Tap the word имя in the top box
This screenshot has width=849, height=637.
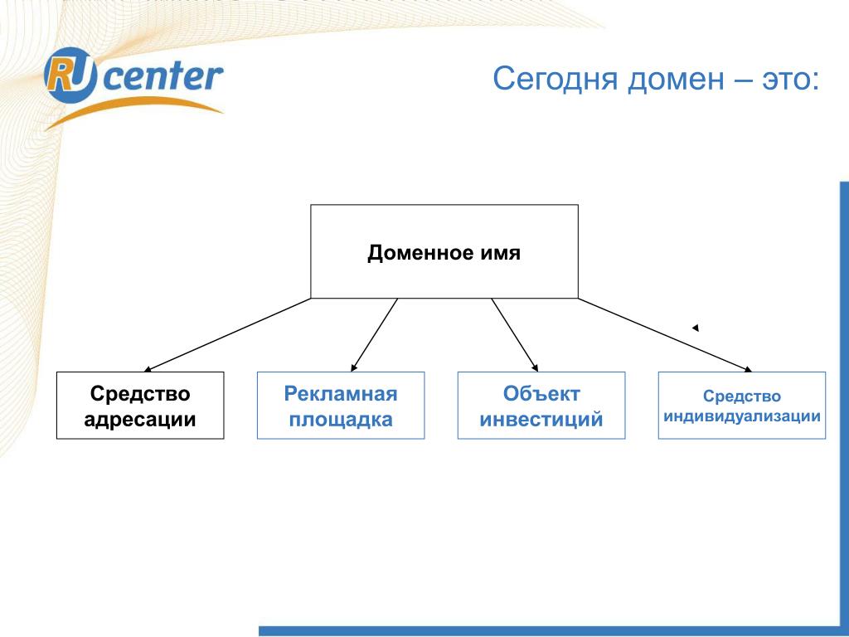click(499, 253)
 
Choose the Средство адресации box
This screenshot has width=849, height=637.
click(140, 406)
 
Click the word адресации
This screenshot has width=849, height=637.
click(140, 420)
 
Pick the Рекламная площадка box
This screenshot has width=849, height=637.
click(341, 406)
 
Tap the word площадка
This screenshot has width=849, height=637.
click(341, 420)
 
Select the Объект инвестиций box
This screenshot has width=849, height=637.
click(541, 406)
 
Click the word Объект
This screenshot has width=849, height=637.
click(541, 393)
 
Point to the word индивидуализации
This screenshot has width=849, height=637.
click(742, 416)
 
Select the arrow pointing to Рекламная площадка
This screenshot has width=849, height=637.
click(375, 334)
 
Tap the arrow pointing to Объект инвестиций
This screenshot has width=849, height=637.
click(514, 334)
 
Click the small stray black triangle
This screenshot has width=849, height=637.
click(696, 328)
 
